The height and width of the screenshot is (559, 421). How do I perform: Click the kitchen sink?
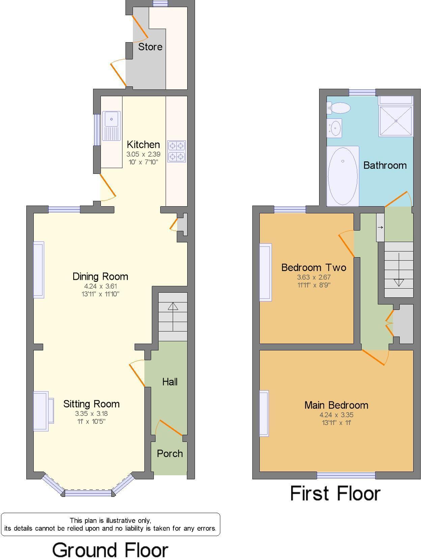(x=111, y=126)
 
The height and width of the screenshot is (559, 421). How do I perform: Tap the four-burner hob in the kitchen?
(x=176, y=151)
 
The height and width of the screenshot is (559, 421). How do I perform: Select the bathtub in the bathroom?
(x=343, y=176)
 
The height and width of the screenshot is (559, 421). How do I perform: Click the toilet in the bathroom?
(x=339, y=108)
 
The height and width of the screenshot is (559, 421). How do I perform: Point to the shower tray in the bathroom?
(x=396, y=121)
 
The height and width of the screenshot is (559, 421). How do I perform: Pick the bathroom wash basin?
(x=334, y=128)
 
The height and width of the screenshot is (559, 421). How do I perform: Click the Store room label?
(x=150, y=47)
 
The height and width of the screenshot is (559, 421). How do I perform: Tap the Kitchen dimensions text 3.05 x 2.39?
(x=143, y=154)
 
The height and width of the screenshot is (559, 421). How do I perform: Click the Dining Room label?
(x=100, y=276)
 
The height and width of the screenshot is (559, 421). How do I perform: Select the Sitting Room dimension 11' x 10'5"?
(x=91, y=422)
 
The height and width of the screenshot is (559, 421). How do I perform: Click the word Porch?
(x=170, y=454)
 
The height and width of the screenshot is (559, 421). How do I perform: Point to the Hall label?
(x=170, y=382)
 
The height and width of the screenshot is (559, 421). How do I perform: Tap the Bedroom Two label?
(x=314, y=267)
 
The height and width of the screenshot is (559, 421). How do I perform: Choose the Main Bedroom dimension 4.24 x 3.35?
(x=336, y=415)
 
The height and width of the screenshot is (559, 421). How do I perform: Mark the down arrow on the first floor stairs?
(x=399, y=270)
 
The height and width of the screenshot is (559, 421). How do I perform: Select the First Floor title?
(x=335, y=493)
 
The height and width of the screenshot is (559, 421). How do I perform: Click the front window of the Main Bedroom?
(x=346, y=475)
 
